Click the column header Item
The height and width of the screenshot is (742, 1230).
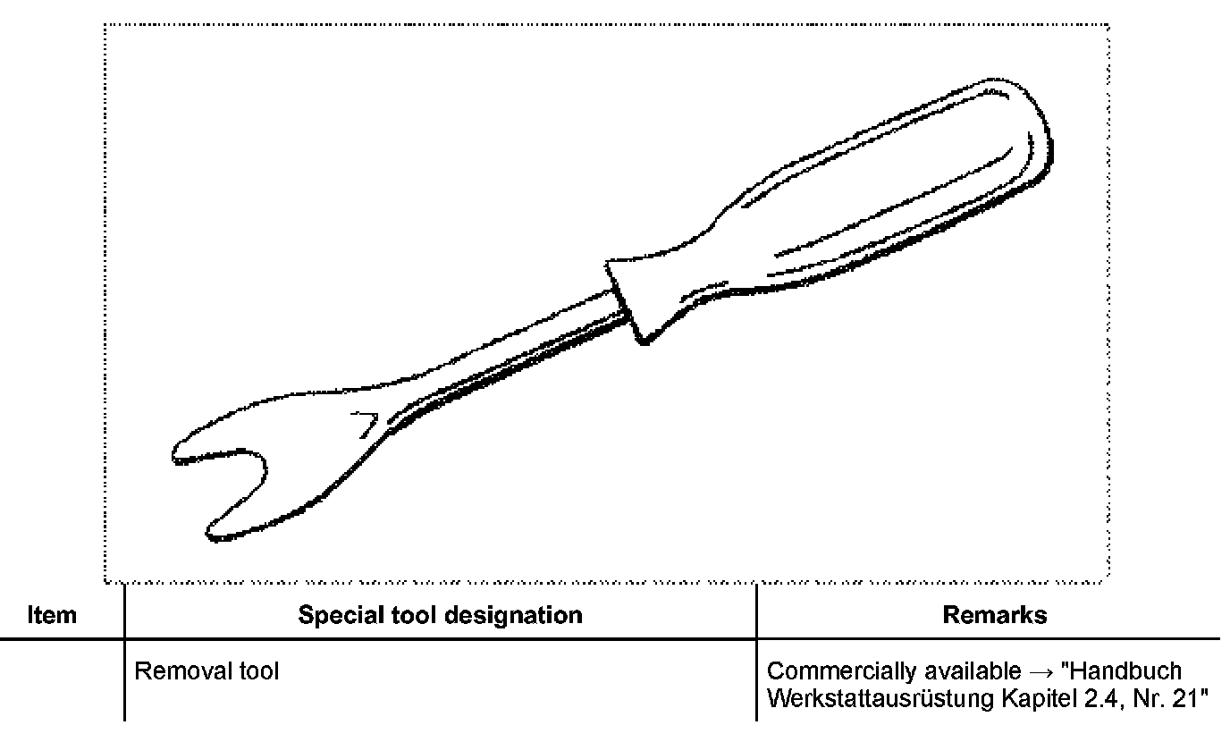point(53,615)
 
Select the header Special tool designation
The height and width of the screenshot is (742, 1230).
point(440,615)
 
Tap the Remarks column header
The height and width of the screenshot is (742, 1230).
point(995,615)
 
